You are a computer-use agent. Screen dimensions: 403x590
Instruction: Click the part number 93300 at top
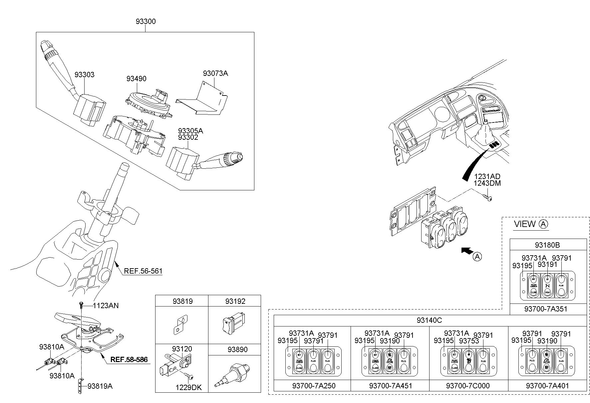tap(146, 22)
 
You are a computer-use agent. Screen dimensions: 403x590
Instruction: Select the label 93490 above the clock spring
tap(136, 79)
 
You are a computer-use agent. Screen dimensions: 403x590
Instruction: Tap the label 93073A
tap(215, 73)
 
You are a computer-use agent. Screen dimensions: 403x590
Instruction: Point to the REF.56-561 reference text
tap(143, 271)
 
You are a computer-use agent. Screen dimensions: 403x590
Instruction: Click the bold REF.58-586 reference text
tap(129, 360)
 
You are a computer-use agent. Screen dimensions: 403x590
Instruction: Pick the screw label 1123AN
tap(106, 305)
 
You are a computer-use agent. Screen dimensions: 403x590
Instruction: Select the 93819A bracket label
tap(100, 386)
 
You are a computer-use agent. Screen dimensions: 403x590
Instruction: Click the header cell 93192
tap(235, 301)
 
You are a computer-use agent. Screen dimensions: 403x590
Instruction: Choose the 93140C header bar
tap(429, 320)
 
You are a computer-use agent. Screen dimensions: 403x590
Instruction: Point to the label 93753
tap(469, 341)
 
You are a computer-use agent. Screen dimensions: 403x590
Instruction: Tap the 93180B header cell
tap(547, 245)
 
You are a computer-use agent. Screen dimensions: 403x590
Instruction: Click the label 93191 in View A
tap(547, 265)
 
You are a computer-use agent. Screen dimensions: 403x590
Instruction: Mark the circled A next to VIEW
tap(543, 224)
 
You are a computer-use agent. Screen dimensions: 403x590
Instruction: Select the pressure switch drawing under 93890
tap(230, 374)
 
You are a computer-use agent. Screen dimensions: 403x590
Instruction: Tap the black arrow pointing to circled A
tap(467, 251)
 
